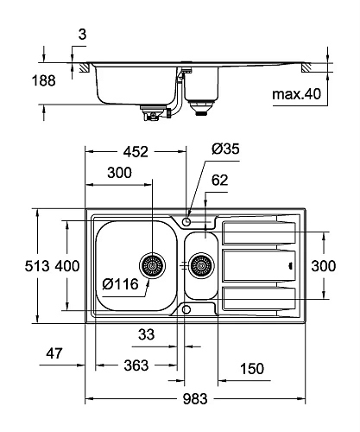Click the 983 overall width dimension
click(195, 399)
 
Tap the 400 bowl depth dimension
click(67, 266)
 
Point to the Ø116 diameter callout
click(120, 284)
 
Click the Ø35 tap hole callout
click(225, 149)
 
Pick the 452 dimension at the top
click(136, 152)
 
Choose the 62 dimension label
click(219, 181)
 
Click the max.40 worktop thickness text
click(296, 94)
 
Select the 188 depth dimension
click(43, 80)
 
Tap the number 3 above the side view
click(82, 35)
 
